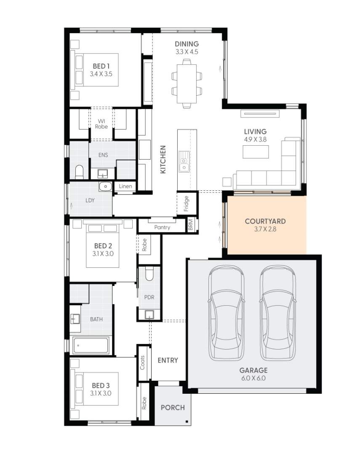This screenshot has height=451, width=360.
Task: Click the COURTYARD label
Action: click(x=265, y=221)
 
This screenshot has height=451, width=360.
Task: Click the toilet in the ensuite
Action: click(x=79, y=172)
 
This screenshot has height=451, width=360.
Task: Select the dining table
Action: click(x=187, y=83)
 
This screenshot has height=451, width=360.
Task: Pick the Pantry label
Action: click(x=162, y=227)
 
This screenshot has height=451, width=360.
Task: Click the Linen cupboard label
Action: click(x=125, y=186)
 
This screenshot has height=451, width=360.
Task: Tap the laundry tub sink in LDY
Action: click(x=105, y=186)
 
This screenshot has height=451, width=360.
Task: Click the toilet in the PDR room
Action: click(x=149, y=275)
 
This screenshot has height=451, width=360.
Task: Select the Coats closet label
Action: click(x=142, y=363)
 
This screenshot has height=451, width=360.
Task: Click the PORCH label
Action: click(x=173, y=407)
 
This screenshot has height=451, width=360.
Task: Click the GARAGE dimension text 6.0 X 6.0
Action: click(x=253, y=378)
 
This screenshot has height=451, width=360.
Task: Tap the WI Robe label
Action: click(x=101, y=124)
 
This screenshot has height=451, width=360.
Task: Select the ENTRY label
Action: click(x=168, y=360)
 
